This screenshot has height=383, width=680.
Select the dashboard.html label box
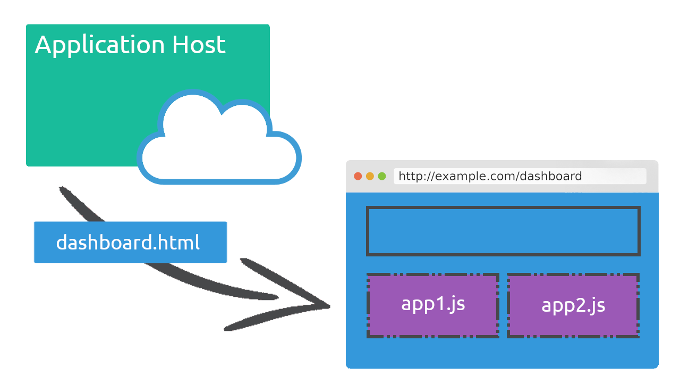click(130, 243)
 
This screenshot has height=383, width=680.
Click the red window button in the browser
click(358, 176)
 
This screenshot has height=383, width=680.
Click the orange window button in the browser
click(370, 176)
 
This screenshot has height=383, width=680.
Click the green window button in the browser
click(382, 176)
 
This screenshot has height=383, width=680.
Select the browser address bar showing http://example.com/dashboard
click(520, 176)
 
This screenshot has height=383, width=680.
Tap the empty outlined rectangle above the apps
click(503, 231)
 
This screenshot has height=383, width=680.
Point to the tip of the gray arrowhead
click(329, 306)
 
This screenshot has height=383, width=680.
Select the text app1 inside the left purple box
click(422, 304)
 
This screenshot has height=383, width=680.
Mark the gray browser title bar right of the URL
click(652, 176)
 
